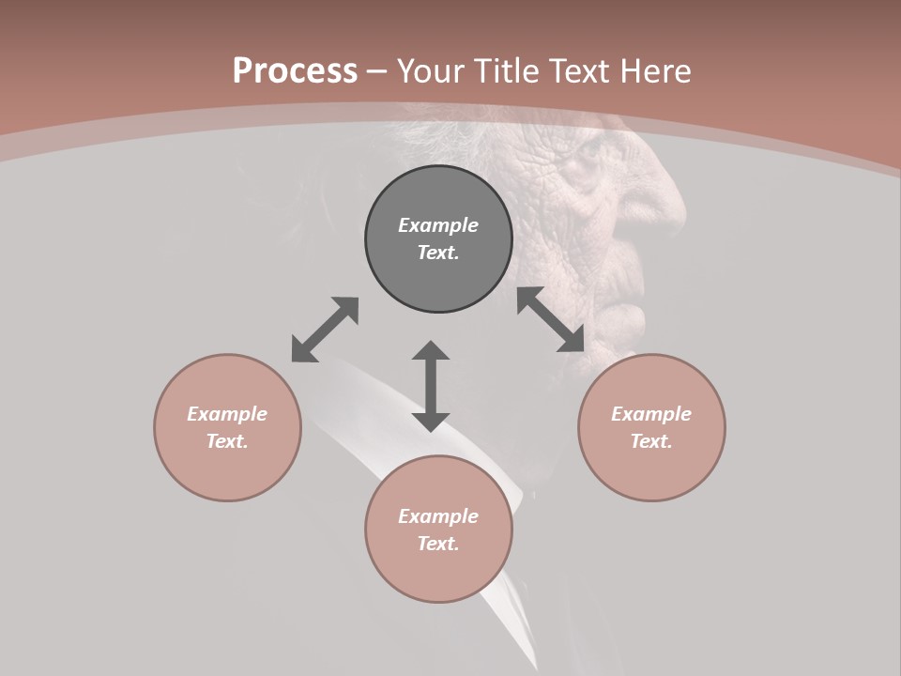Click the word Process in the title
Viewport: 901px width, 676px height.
(295, 71)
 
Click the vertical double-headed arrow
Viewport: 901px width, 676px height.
(431, 386)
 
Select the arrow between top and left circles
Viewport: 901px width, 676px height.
(325, 330)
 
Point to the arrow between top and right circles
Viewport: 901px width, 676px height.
(550, 319)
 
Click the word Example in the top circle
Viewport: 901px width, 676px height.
(438, 225)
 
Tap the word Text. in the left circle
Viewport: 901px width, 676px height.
(227, 441)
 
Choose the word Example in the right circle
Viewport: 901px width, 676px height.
(651, 414)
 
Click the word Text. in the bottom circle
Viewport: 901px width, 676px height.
(438, 544)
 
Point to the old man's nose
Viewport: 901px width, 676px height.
(668, 202)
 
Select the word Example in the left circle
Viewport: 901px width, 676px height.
(227, 414)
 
